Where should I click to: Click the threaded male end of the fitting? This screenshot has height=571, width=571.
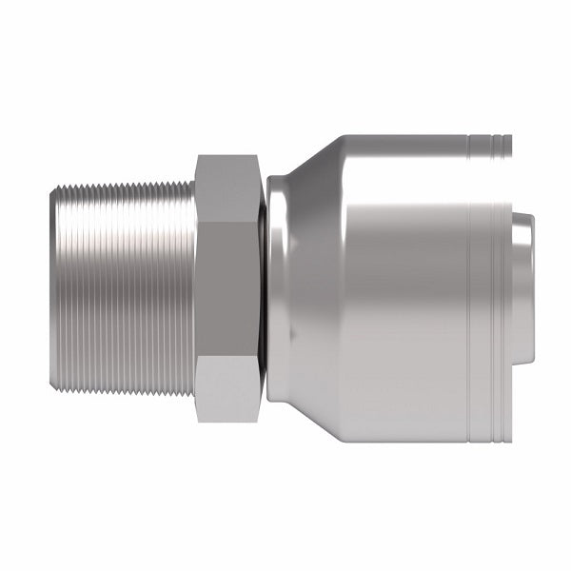pos(124,285)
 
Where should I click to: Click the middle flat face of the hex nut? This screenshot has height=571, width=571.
pos(226,285)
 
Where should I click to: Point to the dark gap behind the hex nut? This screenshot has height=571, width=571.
pos(261,285)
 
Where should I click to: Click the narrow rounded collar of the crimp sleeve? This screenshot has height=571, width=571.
pos(278,285)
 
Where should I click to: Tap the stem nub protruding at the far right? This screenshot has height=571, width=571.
pos(522,285)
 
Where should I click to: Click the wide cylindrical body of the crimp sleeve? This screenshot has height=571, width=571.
pos(400,285)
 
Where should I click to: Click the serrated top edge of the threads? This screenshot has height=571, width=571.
pos(124,180)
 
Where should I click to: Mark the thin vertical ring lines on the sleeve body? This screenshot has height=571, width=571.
pos(473,285)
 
